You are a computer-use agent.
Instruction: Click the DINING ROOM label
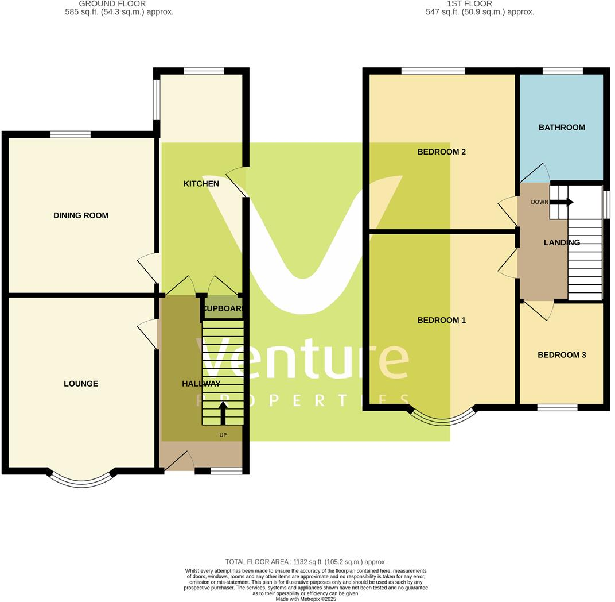click(x=81, y=215)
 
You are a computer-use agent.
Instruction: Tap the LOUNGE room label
click(x=81, y=384)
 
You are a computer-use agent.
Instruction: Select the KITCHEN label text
click(x=201, y=184)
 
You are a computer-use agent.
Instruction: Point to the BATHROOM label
click(x=562, y=128)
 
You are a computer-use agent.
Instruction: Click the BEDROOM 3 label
click(x=562, y=355)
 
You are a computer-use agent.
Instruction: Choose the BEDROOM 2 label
click(x=441, y=152)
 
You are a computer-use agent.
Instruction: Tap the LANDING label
click(x=562, y=242)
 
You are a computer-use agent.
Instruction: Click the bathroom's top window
click(x=562, y=71)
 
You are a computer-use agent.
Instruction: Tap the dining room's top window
click(x=70, y=134)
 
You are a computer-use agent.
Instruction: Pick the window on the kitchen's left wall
click(x=156, y=99)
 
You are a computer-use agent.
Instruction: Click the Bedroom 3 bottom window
click(x=557, y=407)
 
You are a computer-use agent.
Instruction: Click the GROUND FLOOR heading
click(x=112, y=3)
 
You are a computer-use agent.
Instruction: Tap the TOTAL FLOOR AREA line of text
click(x=306, y=562)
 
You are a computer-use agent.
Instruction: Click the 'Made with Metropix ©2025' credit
click(x=306, y=599)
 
